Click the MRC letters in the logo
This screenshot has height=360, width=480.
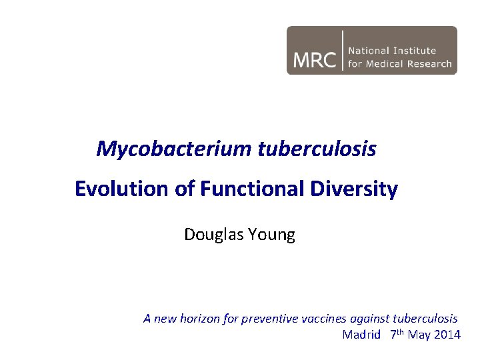(314, 59)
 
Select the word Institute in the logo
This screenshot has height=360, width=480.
(415, 51)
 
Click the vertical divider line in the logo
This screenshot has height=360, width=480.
(343, 50)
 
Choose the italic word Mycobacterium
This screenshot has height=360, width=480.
(173, 149)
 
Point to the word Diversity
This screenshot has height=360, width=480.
(353, 189)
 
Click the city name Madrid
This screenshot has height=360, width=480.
(361, 335)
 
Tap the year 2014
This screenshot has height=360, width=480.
(447, 335)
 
